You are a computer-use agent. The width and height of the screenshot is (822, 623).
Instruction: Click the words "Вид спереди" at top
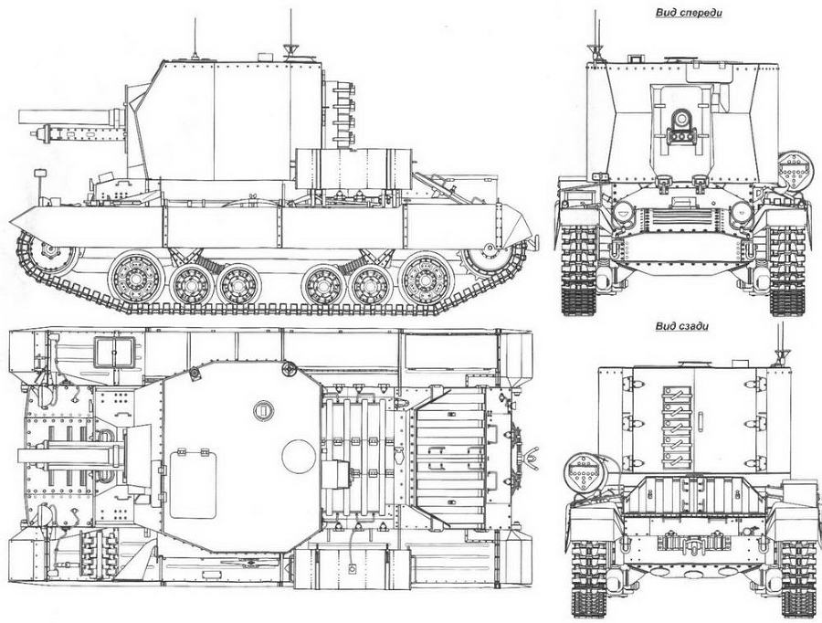point(689,13)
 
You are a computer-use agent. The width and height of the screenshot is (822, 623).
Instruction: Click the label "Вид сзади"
point(682,326)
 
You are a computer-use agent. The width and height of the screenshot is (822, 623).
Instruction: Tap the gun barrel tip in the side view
point(19,116)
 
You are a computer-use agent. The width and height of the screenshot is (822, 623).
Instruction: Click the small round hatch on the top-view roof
point(263,409)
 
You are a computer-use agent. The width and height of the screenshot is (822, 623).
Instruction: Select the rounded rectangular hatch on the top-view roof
point(193,486)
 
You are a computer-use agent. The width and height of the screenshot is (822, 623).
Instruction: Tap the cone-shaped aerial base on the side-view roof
point(290,50)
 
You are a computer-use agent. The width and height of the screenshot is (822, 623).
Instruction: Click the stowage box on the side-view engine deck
point(353,168)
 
